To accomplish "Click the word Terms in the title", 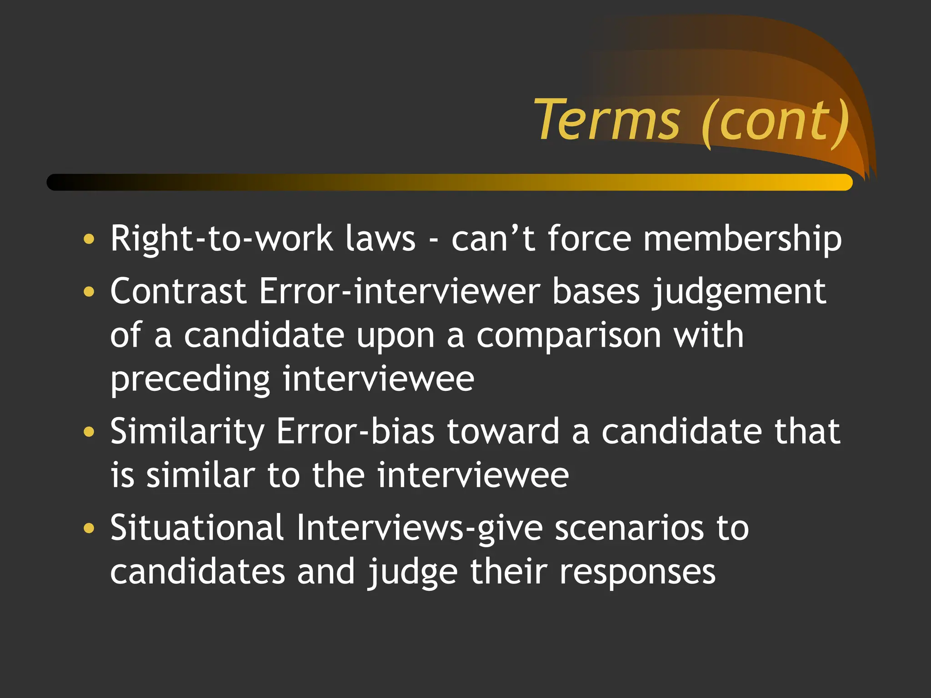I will pos(607,120).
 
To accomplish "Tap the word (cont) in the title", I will pos(775,122).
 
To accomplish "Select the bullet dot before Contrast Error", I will pos(89,291).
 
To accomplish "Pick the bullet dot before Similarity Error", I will pos(89,431).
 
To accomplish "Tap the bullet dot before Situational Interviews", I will pos(89,528).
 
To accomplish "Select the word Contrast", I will pos(178,291).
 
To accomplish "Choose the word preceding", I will pos(190,380).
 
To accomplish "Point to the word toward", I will pos(503,431).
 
